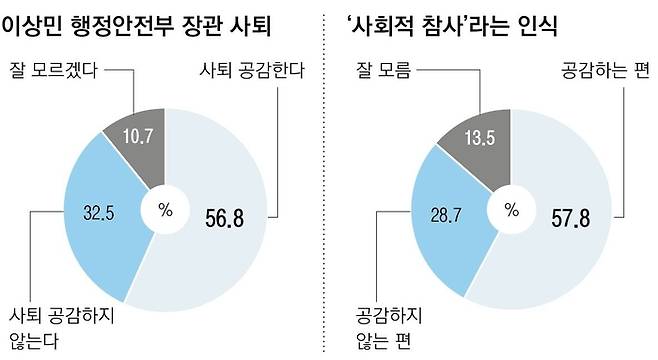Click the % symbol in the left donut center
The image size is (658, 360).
click(165, 210)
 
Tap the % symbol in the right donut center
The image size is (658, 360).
click(512, 210)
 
